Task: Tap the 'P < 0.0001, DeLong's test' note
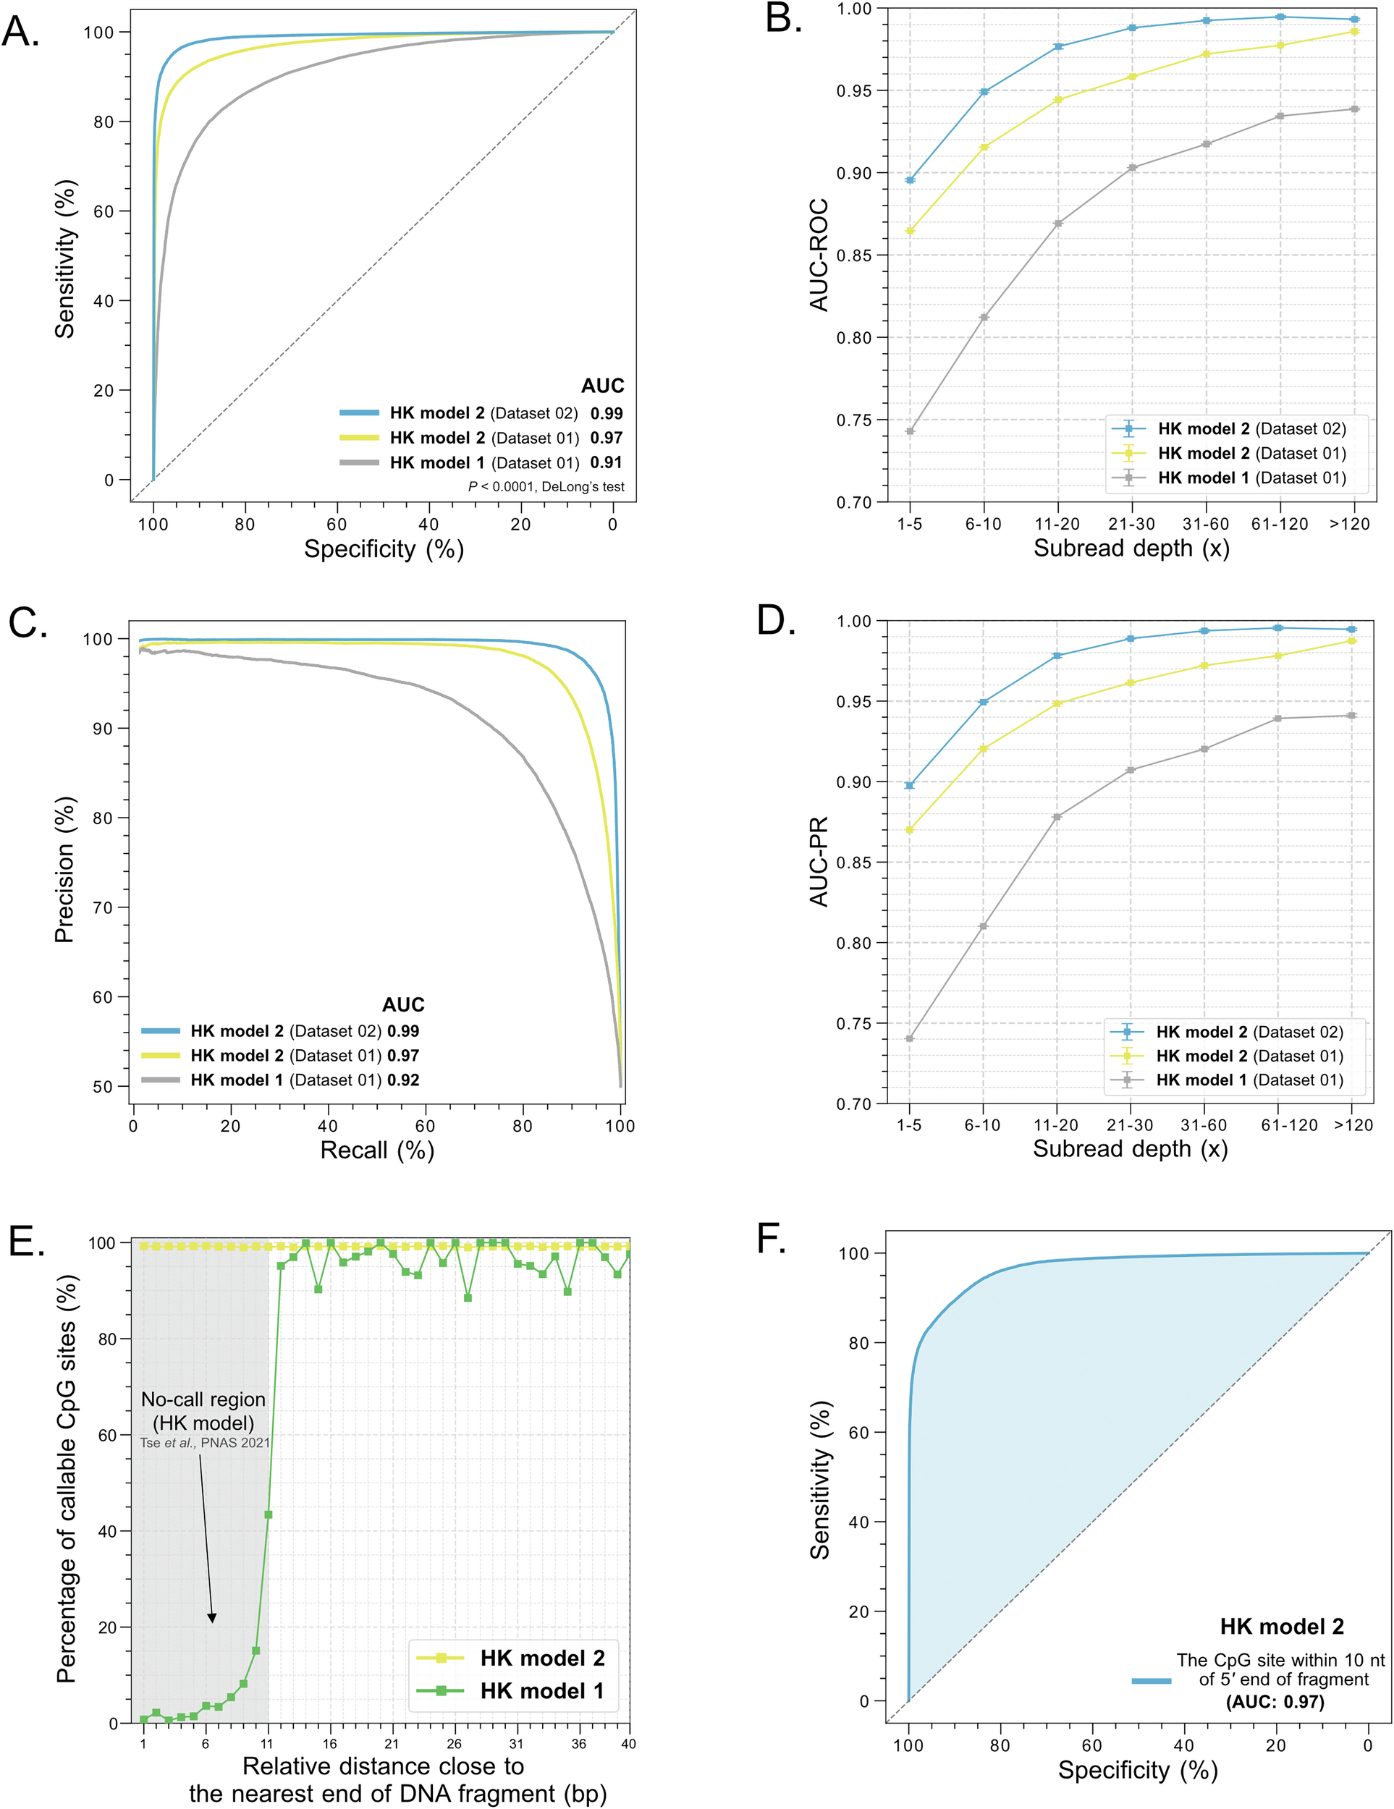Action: (546, 487)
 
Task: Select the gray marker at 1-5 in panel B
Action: (910, 431)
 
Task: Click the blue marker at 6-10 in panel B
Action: (984, 92)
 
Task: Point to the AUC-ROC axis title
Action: (819, 255)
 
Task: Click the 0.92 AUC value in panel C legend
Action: (402, 1080)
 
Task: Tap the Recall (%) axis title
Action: (377, 1151)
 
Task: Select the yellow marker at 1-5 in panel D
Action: (910, 829)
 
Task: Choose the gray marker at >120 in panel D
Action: (1352, 716)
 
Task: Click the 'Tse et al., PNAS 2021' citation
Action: (205, 1443)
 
